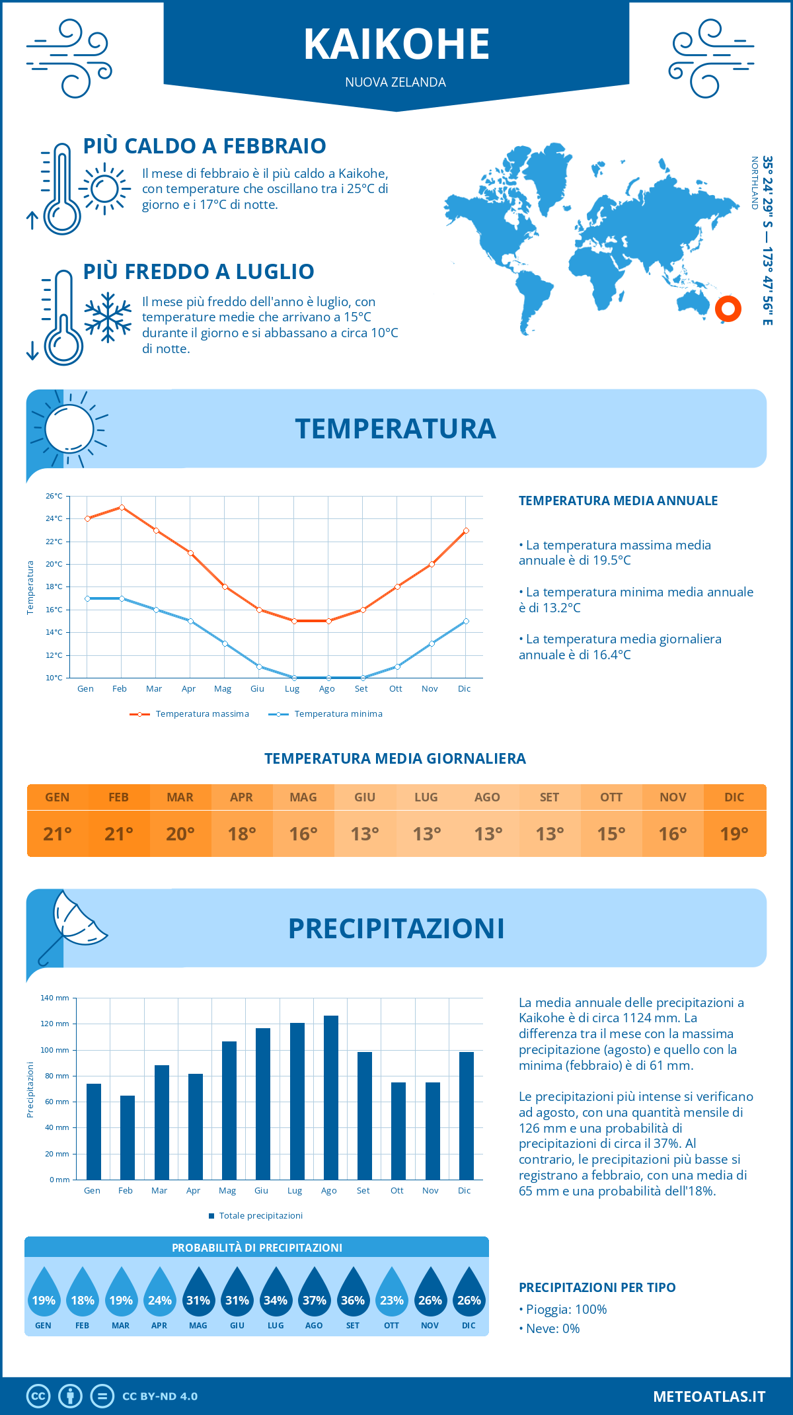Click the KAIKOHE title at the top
click(397, 45)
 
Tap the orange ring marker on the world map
click(728, 308)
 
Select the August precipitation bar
click(330, 1098)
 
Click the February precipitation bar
click(127, 1137)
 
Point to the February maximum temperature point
click(122, 507)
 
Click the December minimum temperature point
click(466, 621)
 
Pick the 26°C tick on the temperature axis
click(54, 496)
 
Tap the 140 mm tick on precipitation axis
click(56, 998)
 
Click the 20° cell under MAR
click(180, 834)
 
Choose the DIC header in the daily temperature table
click(734, 797)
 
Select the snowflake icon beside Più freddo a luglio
click(108, 317)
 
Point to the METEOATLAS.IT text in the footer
click(708, 1396)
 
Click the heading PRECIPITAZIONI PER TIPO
click(597, 1287)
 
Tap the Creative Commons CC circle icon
click(38, 1396)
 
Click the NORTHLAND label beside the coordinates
click(754, 183)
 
